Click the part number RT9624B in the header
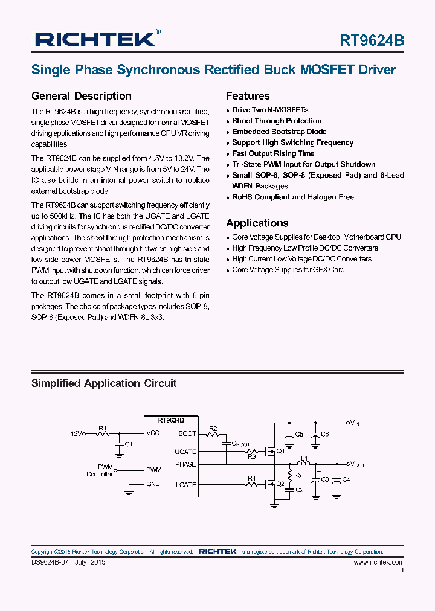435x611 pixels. (x=372, y=40)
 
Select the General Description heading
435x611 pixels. (x=81, y=96)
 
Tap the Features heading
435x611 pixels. (x=248, y=96)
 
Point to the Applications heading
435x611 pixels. (x=257, y=223)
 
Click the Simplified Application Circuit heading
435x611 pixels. (x=104, y=383)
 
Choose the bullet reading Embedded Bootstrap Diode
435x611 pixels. (x=279, y=132)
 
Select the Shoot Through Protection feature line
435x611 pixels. (x=277, y=121)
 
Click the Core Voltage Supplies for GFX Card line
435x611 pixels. (x=288, y=270)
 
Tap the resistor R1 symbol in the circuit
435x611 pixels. (x=102, y=433)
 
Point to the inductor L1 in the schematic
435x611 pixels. (x=304, y=464)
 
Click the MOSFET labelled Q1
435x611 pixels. (x=272, y=451)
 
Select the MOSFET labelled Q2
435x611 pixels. (x=272, y=484)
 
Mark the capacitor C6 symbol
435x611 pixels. (x=315, y=435)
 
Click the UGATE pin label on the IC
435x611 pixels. (x=185, y=452)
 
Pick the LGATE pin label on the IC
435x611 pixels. (x=185, y=485)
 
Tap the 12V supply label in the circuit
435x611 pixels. (x=77, y=433)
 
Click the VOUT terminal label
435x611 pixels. (x=356, y=464)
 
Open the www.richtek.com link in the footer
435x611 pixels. (x=379, y=562)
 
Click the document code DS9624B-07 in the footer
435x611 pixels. (x=51, y=562)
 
